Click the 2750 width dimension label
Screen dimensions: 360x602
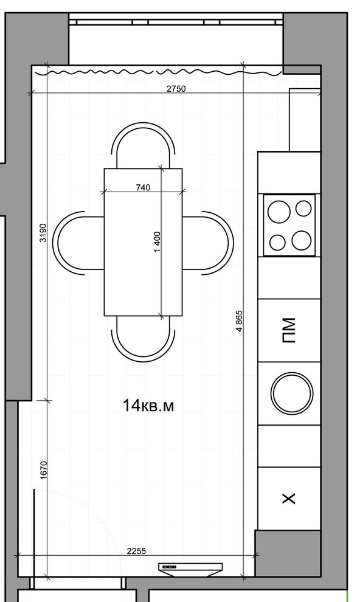click(176, 89)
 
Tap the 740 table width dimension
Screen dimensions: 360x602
click(143, 187)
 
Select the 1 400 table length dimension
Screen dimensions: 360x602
click(157, 242)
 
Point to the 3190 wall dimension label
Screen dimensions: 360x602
click(43, 233)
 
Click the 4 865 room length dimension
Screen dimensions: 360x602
click(239, 321)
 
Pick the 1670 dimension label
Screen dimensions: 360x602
click(43, 469)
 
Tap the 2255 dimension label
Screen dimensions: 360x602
click(137, 551)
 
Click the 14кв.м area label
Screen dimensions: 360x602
click(148, 406)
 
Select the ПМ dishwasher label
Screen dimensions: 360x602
click(289, 330)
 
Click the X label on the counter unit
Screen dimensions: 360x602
click(289, 499)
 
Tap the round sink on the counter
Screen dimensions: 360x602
click(292, 393)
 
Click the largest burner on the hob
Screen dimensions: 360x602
click(279, 212)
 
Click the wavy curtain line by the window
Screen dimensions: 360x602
click(164, 72)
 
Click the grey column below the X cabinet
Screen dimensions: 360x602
click(288, 553)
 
